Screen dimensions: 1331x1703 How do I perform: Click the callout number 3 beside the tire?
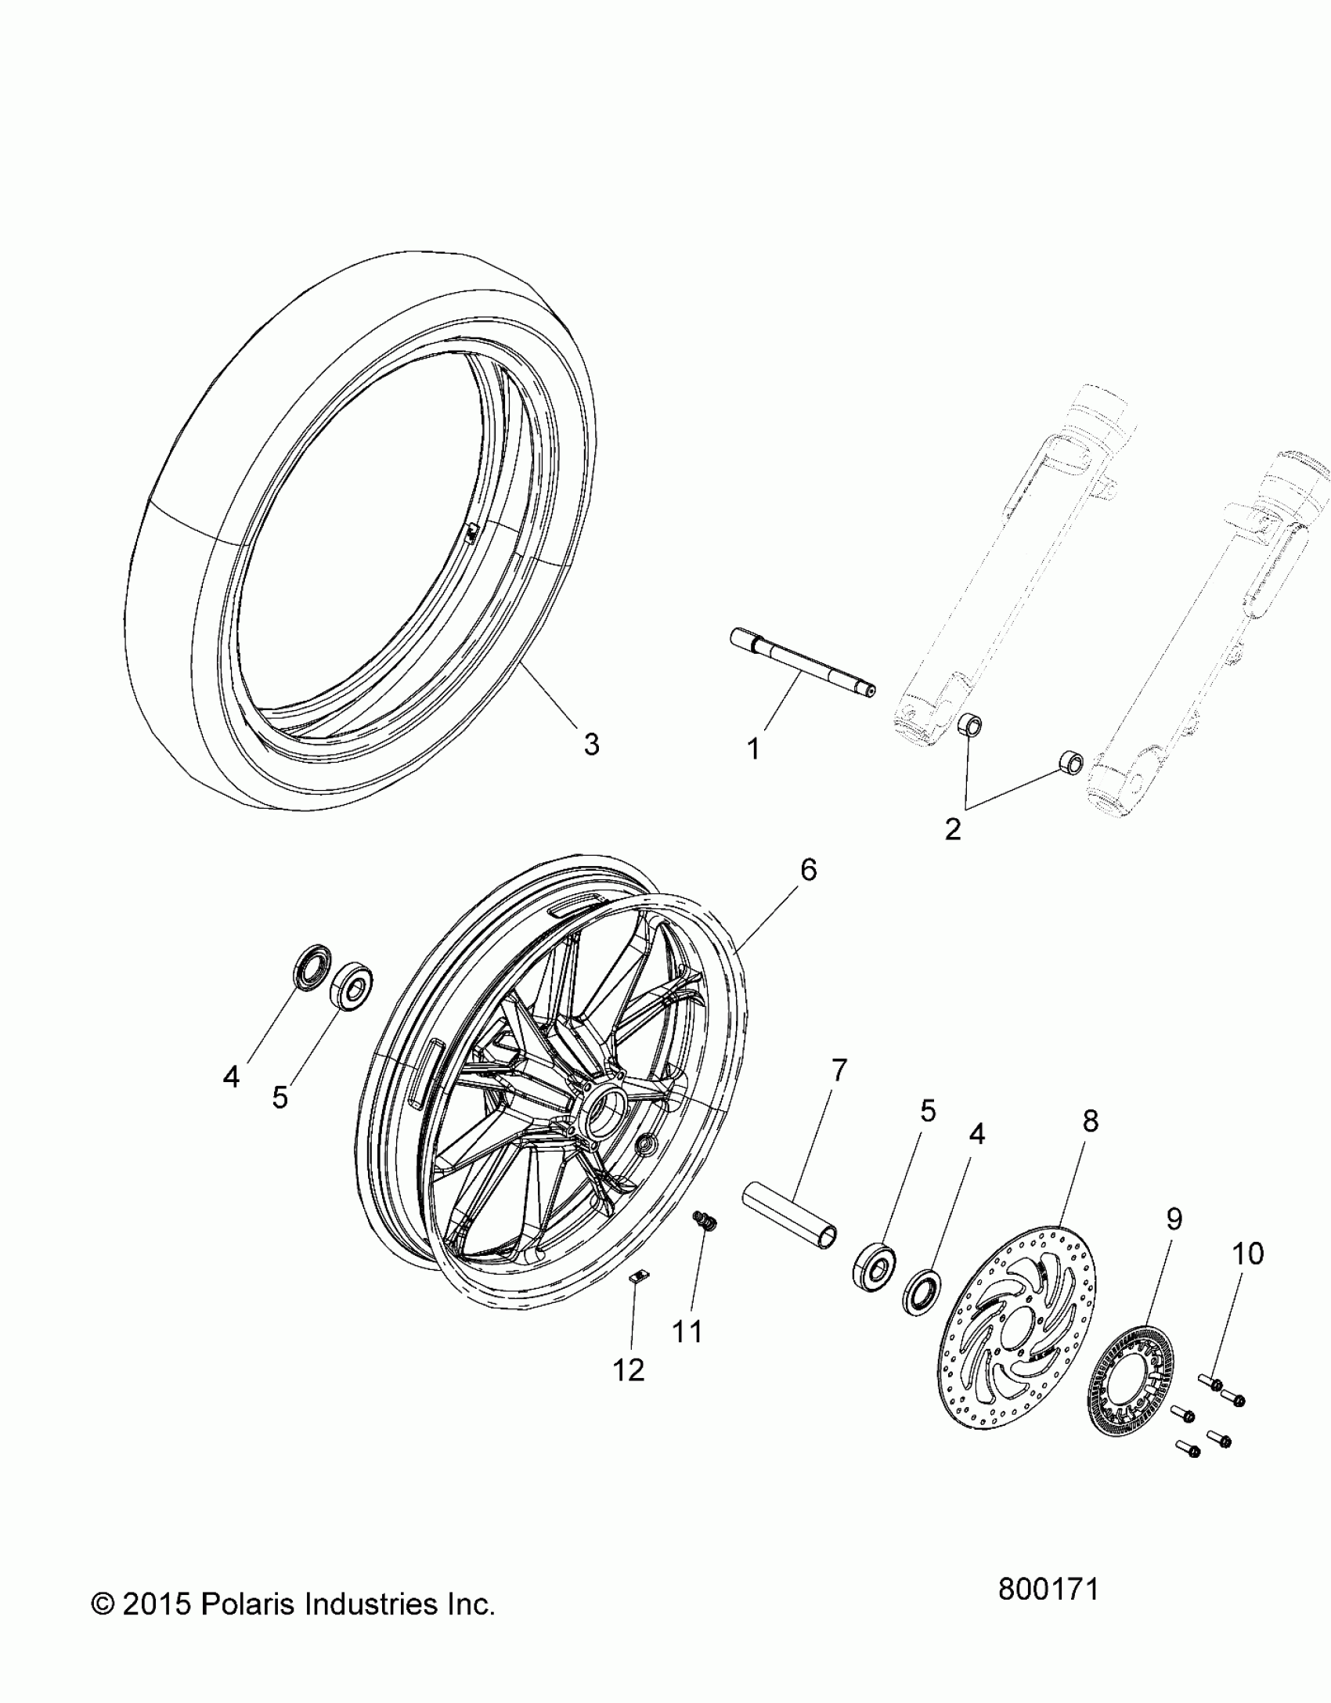tap(591, 745)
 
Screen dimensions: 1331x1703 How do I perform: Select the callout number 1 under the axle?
tap(753, 750)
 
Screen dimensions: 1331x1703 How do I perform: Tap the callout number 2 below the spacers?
tap(953, 828)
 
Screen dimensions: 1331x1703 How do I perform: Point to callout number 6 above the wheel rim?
tap(808, 870)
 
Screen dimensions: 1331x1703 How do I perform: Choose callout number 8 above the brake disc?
tap(1091, 1121)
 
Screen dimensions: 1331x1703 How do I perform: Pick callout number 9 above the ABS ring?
tap(1174, 1219)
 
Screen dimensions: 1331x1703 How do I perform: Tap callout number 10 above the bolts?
tap(1248, 1254)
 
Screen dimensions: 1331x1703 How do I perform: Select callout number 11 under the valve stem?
tap(688, 1330)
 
